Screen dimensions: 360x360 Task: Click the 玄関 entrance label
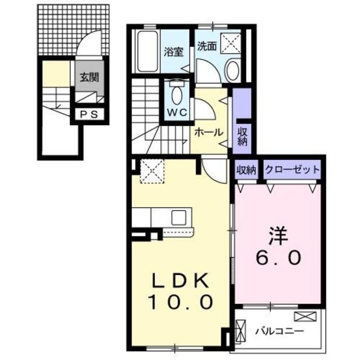click(x=87, y=78)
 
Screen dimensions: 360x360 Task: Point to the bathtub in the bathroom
click(x=147, y=52)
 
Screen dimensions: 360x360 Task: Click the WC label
click(x=175, y=112)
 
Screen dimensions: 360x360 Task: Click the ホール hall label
click(x=209, y=132)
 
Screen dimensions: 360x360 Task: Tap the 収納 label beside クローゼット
click(x=246, y=169)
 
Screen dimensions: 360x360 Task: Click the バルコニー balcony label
click(x=280, y=330)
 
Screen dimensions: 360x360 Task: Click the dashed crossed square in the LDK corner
click(x=151, y=170)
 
